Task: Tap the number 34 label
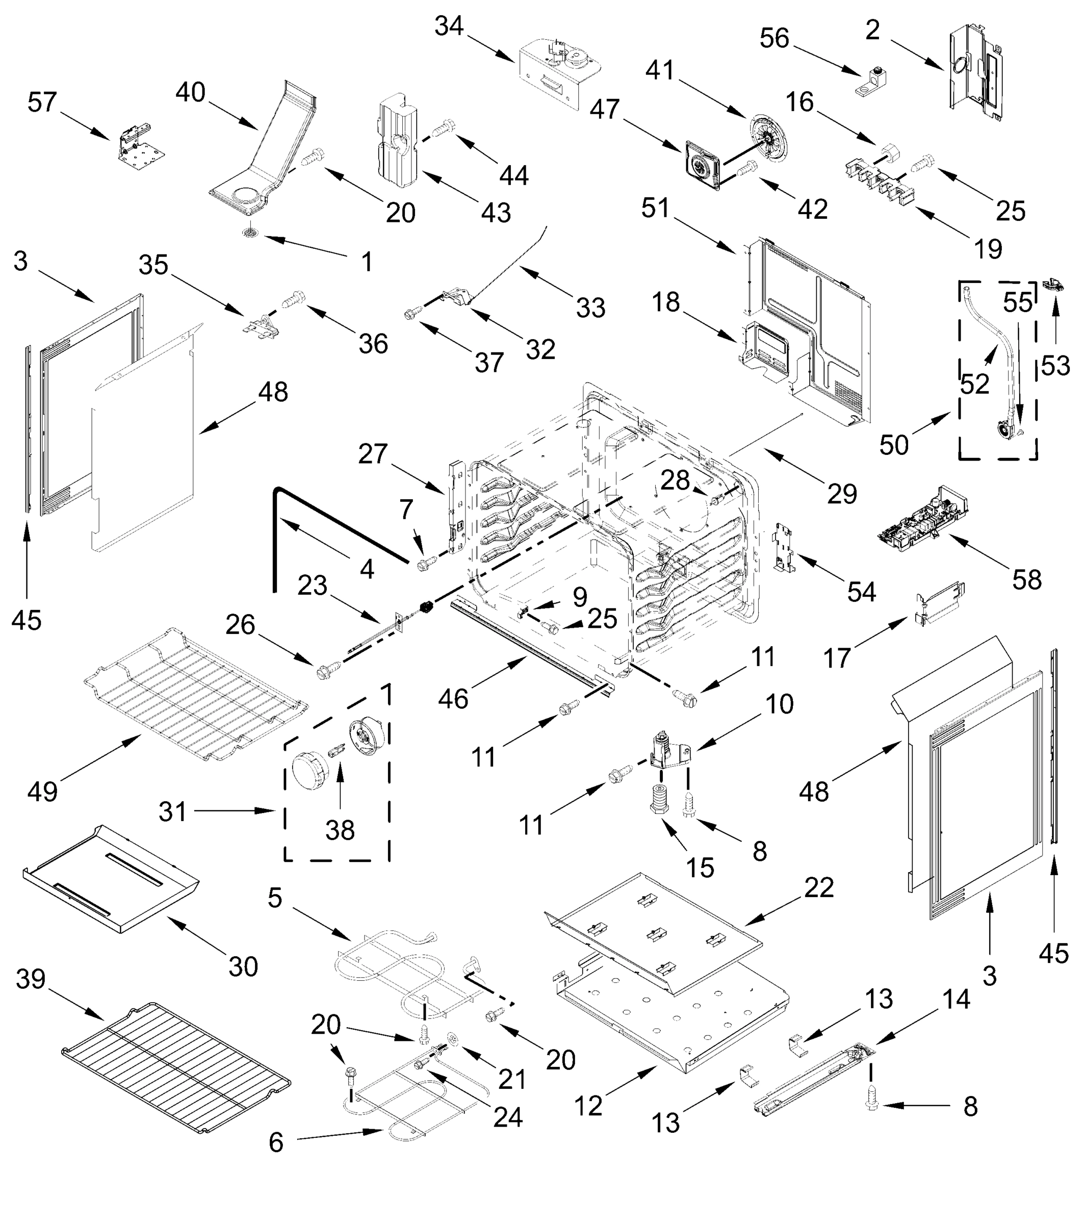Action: [x=449, y=27]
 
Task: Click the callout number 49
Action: [x=42, y=790]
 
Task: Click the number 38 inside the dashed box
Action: [x=340, y=830]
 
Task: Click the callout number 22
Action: [x=818, y=887]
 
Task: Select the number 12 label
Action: [x=588, y=1106]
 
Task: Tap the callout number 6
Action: [x=275, y=1142]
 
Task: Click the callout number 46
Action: [x=453, y=699]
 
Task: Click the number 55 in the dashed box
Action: [x=1017, y=303]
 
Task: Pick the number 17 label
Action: [x=837, y=658]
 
